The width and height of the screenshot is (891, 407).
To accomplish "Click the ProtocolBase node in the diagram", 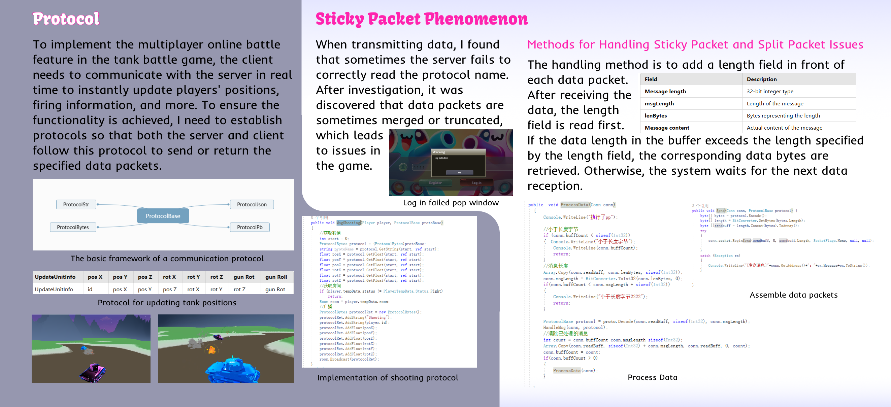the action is [x=163, y=216].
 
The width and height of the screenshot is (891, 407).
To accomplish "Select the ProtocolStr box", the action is [x=76, y=204].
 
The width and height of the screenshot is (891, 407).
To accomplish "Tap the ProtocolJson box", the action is [x=252, y=204].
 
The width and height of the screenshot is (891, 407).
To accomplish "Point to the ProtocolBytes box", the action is [x=73, y=227].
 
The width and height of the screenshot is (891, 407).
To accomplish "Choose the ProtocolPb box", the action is [x=250, y=227].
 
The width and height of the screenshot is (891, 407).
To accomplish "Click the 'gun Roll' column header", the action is [x=276, y=277].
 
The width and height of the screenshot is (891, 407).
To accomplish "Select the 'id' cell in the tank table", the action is [x=90, y=289].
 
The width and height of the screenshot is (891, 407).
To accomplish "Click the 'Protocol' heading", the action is [x=66, y=19].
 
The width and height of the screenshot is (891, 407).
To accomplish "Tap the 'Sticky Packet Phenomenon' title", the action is [x=422, y=19].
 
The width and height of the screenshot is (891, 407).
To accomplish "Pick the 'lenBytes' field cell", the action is [x=656, y=115].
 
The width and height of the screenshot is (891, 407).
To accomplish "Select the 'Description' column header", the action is [x=762, y=79].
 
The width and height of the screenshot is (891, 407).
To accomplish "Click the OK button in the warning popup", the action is [x=459, y=172].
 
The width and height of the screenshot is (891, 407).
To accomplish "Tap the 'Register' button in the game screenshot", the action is [x=435, y=183].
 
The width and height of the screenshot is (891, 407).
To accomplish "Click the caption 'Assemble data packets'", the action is [x=793, y=295].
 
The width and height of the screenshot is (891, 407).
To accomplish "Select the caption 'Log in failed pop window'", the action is [x=451, y=203].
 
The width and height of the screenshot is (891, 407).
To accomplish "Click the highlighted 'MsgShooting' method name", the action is [x=348, y=223].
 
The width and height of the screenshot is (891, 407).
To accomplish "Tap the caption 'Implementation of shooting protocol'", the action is [x=388, y=378].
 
